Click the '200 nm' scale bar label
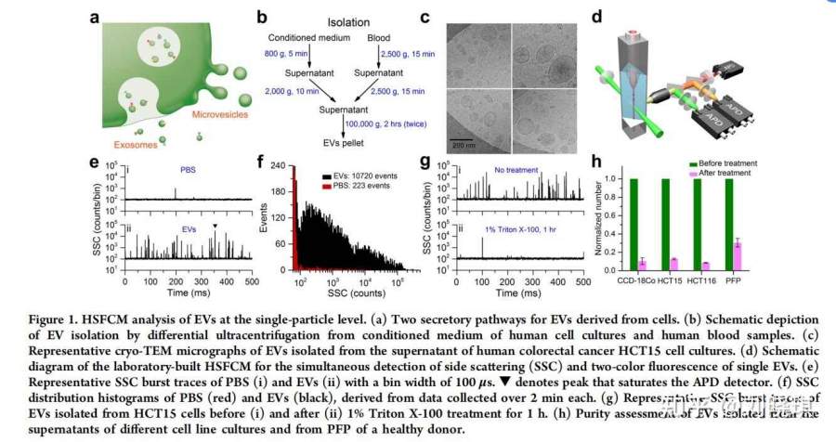coord(462,145)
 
